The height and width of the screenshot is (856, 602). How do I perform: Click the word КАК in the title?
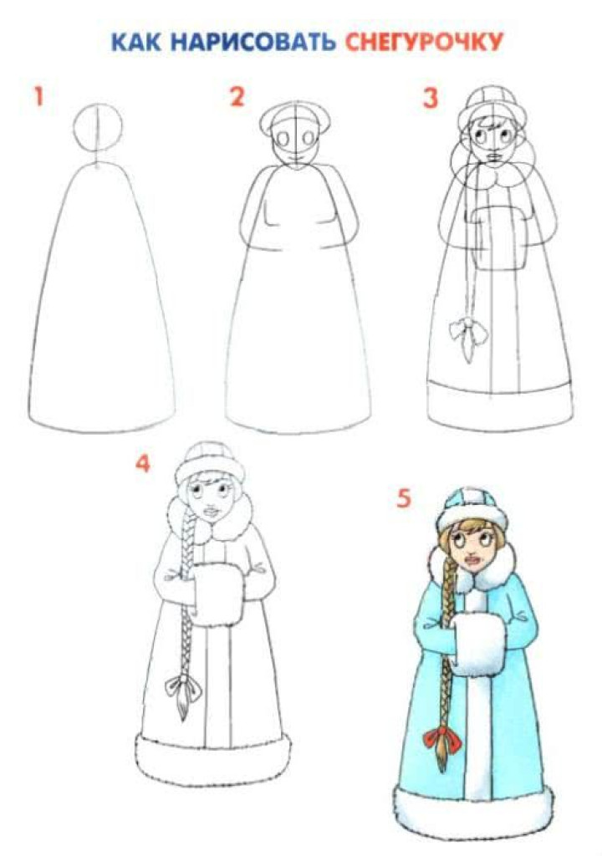136,43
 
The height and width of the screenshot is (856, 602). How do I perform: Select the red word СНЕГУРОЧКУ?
423,43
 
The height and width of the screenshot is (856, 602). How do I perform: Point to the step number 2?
237,97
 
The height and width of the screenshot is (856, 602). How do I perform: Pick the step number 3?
431,99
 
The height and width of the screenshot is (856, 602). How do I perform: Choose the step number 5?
403,498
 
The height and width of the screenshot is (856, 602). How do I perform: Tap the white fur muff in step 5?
477,645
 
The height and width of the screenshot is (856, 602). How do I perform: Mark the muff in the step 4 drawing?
218,595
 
